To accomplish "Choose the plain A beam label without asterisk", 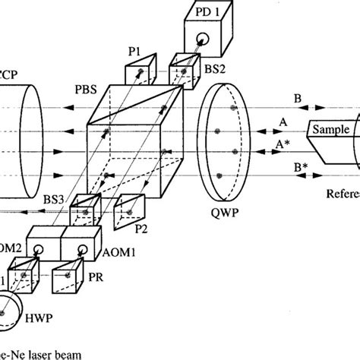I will coord(283,122).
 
